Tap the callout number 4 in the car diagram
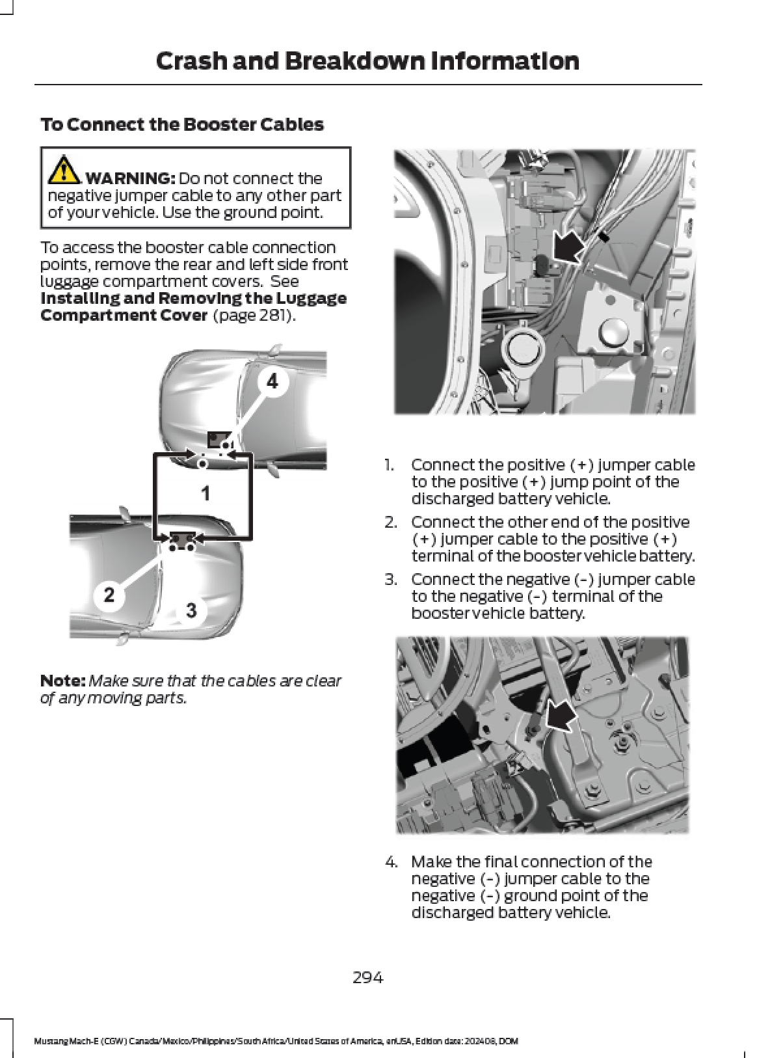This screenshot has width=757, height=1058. click(272, 381)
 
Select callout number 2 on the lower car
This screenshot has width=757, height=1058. click(109, 594)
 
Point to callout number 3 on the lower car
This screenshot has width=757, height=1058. click(191, 610)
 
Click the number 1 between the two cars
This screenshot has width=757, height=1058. click(206, 493)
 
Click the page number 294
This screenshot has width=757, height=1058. click(367, 977)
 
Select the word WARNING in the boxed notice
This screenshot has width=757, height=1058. click(130, 178)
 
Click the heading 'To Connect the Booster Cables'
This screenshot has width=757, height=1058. click(182, 124)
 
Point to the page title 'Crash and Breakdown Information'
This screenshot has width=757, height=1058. click(367, 61)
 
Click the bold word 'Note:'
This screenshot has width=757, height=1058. click(62, 681)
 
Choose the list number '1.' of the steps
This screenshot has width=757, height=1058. click(389, 465)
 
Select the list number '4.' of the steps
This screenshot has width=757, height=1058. click(390, 862)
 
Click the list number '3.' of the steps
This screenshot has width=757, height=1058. click(390, 580)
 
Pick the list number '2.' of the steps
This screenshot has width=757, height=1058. click(390, 522)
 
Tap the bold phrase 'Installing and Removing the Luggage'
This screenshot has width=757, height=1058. click(193, 299)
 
